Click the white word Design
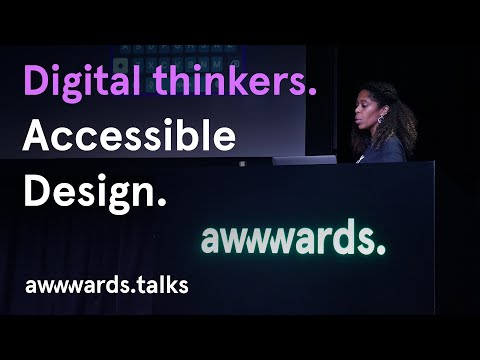point(88,191)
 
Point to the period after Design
point(161,203)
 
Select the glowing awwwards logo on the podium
point(291,239)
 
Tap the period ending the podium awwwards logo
point(380,250)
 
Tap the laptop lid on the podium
point(304,159)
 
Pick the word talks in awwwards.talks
point(160,285)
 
